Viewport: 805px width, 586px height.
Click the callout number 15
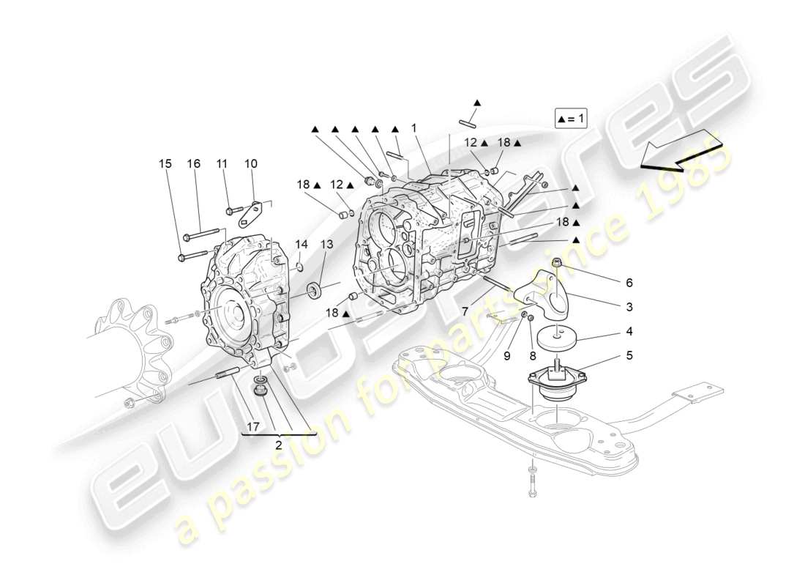click(x=166, y=164)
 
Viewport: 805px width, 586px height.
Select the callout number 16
click(x=193, y=164)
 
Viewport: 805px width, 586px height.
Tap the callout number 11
click(x=222, y=164)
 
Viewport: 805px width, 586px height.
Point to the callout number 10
click(x=250, y=164)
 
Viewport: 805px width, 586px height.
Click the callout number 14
click(x=302, y=244)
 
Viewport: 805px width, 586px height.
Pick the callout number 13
click(x=326, y=244)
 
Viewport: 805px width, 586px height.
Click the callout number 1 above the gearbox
click(x=413, y=127)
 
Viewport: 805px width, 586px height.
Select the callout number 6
click(x=629, y=282)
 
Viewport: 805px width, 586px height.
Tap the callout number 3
click(x=629, y=307)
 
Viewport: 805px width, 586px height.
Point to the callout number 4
click(x=629, y=331)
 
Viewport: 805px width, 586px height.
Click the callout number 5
click(x=629, y=356)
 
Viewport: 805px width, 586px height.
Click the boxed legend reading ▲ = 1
click(x=571, y=118)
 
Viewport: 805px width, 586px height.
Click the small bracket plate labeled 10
click(x=250, y=215)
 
